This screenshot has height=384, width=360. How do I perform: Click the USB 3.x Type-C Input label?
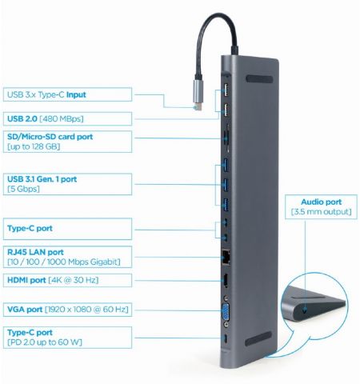[56, 94]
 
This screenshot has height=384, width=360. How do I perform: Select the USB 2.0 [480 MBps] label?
[56, 118]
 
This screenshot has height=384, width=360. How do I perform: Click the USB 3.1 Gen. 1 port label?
[56, 183]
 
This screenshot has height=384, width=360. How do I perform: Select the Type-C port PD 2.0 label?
[56, 336]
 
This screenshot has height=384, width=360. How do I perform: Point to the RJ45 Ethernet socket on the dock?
[225, 258]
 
